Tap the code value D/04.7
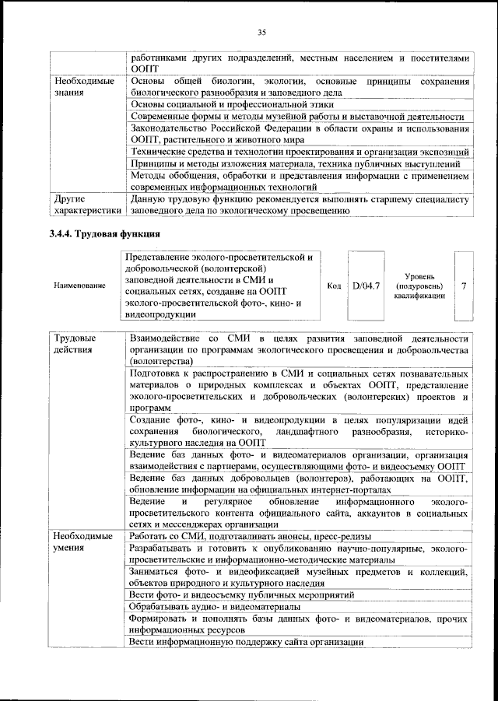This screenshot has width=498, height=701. pos(365,286)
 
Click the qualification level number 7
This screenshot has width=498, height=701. pos(464,286)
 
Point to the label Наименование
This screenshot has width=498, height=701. pos(79,286)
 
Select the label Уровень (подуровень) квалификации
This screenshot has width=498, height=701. pos(419,286)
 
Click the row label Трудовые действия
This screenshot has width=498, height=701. pos(75,345)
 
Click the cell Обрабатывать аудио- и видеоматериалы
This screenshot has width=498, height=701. pos(216,606)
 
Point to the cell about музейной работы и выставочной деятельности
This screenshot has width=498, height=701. pos(297,117)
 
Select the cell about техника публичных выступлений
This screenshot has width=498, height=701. pos(295,163)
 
